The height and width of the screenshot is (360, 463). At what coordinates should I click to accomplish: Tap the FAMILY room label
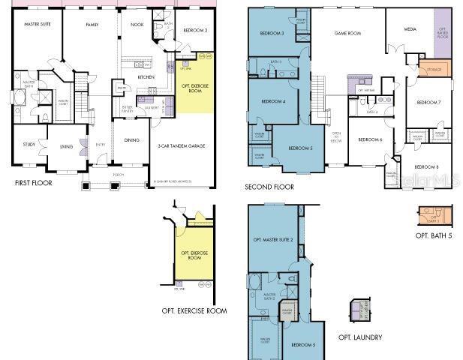pos(92,25)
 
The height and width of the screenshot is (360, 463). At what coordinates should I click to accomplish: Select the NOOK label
pos(136,25)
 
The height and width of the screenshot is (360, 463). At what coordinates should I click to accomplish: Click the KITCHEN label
pos(146,77)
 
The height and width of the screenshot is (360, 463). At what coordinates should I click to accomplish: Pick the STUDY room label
pos(29,145)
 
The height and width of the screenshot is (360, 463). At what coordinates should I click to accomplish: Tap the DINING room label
pos(131,139)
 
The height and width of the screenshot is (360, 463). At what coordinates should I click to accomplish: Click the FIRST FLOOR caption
pos(34,182)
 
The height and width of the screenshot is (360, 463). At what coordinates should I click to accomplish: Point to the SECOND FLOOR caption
pos(269,187)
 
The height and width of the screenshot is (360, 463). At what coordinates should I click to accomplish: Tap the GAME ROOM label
pos(348,33)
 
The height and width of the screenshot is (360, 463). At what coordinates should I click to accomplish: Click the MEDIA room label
pos(410,30)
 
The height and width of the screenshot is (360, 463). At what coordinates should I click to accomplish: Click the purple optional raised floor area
pos(442,34)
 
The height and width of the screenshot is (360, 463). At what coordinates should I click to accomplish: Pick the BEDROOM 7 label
pos(428,101)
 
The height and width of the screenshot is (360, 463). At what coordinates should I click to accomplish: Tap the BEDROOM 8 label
pos(427,166)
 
